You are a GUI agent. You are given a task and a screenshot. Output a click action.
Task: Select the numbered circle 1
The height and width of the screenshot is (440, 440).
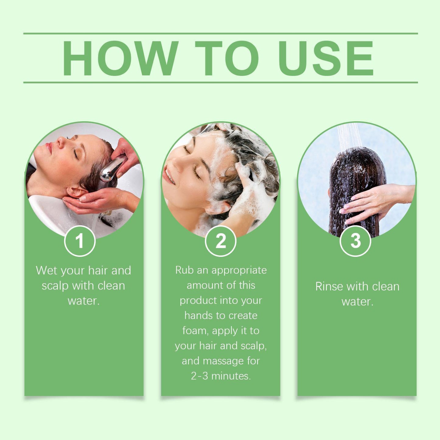tap(80, 241)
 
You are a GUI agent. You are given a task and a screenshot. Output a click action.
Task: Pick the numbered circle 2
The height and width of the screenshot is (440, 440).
tap(220, 241)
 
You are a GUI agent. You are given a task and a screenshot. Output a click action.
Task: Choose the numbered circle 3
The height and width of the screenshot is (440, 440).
tap(355, 241)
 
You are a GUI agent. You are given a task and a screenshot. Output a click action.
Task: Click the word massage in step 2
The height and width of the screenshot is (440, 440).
tap(224, 361)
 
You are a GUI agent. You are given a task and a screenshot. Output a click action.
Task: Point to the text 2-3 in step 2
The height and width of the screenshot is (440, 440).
tap(199, 376)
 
